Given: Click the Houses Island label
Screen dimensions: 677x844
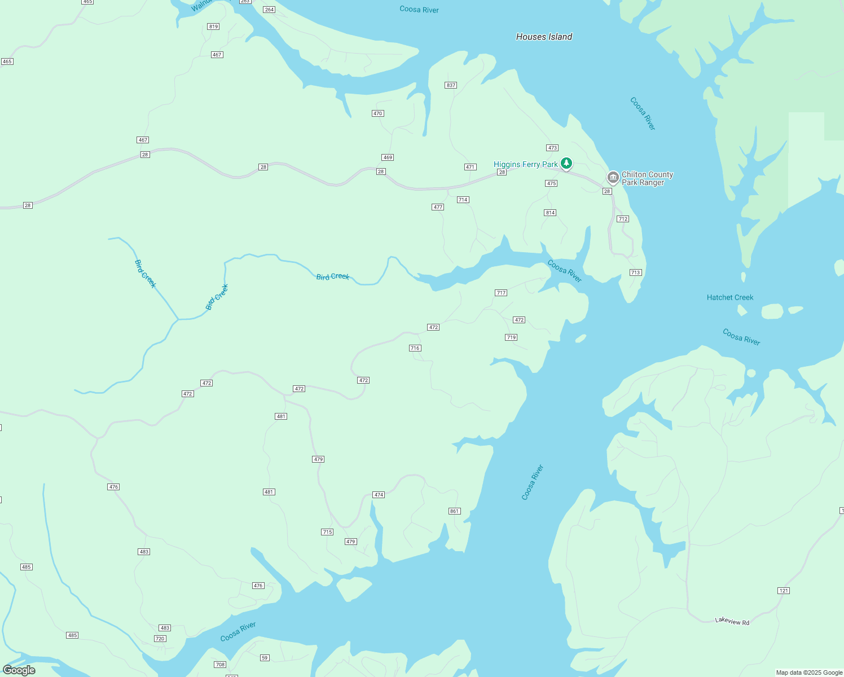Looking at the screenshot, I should (x=544, y=37).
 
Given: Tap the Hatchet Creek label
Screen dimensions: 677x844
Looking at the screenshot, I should (x=730, y=297).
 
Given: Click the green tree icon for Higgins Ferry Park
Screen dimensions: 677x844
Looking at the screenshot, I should (x=566, y=164).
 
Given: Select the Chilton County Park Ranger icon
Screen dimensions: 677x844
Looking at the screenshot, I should (x=613, y=178).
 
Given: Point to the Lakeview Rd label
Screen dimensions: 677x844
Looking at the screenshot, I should (x=732, y=621).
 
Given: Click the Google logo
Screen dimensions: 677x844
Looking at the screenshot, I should (x=19, y=670).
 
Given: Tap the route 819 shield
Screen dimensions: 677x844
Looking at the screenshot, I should (x=213, y=27).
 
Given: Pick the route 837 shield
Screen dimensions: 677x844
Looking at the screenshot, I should (x=450, y=85).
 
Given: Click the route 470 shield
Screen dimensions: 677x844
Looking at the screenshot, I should (x=378, y=113).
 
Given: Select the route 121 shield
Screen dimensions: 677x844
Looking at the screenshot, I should (x=784, y=591).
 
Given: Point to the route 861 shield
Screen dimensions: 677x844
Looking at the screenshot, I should (x=455, y=511).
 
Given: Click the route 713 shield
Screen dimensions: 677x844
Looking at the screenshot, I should (x=636, y=272).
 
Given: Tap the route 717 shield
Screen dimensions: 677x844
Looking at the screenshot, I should (x=501, y=293).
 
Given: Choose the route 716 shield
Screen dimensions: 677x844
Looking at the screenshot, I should (x=415, y=348).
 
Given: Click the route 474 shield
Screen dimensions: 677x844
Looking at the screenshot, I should (x=379, y=495).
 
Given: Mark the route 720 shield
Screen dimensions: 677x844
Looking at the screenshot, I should (x=160, y=639).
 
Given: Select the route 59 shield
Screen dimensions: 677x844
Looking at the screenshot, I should (x=265, y=658).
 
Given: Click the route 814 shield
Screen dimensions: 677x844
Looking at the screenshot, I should (x=550, y=213).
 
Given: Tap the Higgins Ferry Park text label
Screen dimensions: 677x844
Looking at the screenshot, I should (x=525, y=164).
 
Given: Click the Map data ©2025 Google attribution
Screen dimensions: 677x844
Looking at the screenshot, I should (x=809, y=672).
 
